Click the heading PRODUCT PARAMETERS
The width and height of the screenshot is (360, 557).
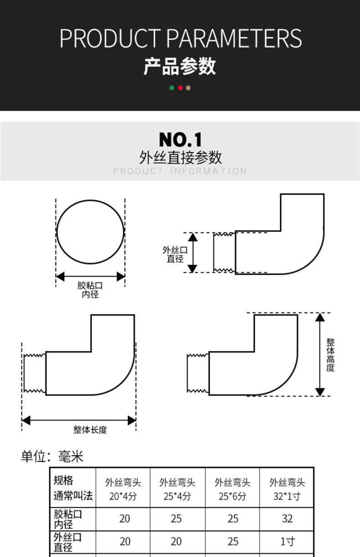[180, 39]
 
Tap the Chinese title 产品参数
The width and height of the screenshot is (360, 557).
[180, 66]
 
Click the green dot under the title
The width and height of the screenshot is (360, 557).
[172, 87]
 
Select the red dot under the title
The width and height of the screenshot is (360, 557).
[180, 87]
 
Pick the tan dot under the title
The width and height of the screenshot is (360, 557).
[188, 87]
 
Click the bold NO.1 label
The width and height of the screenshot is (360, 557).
[180, 140]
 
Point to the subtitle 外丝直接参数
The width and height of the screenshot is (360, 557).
[180, 158]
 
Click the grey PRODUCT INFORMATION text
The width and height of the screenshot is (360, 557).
[180, 171]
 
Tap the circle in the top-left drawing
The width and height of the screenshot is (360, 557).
[90, 231]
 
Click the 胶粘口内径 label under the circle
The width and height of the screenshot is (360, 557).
[90, 290]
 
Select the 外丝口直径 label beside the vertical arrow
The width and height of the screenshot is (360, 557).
[175, 254]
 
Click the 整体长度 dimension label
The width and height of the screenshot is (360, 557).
[90, 430]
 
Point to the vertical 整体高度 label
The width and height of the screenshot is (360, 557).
[330, 355]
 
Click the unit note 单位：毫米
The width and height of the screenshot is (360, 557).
[52, 456]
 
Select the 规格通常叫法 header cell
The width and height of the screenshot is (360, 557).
[72, 488]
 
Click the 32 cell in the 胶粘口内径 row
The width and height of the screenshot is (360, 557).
[287, 519]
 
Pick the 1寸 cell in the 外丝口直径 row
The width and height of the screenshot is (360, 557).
[287, 542]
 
